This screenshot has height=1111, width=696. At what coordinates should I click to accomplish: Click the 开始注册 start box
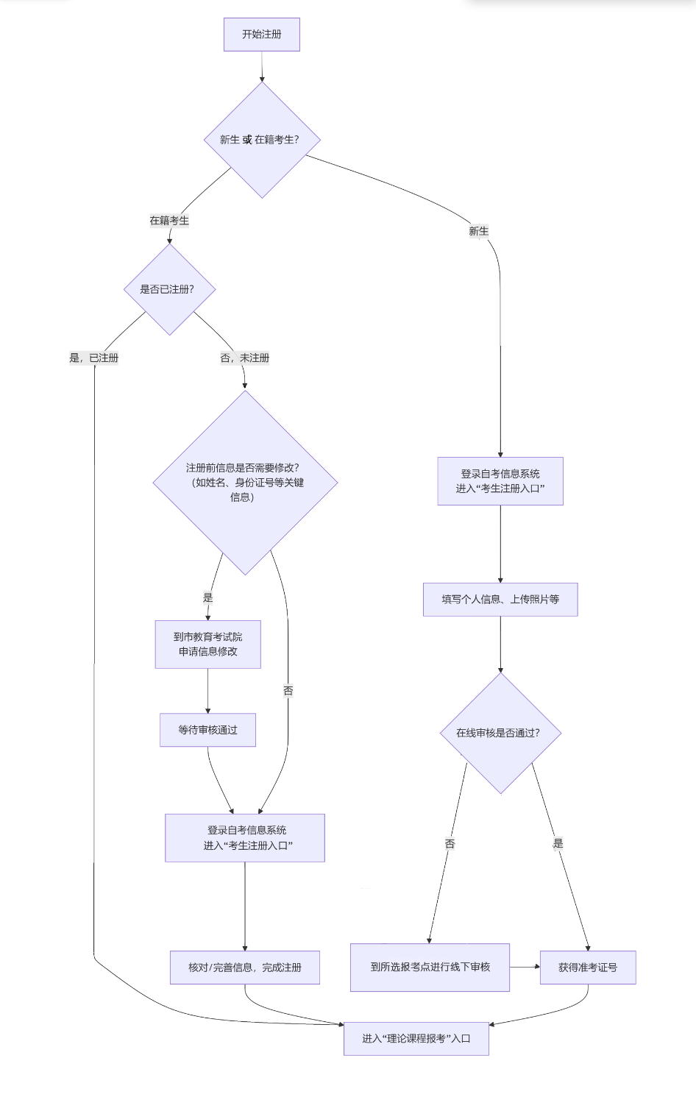coord(261,35)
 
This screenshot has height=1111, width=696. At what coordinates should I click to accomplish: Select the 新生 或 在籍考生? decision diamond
coord(261,140)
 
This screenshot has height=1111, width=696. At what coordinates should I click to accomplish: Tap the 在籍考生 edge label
coord(169,221)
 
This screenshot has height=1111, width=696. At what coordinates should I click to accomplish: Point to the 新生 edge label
coord(478,231)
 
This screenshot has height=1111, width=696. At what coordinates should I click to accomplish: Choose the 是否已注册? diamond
coord(169,289)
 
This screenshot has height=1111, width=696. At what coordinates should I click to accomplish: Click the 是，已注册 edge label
coord(93,358)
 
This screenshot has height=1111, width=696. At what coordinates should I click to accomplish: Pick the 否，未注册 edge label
coord(244,358)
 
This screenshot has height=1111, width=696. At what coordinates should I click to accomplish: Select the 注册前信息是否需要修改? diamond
coord(244,483)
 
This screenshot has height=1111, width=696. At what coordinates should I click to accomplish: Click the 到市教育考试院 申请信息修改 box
coord(207,645)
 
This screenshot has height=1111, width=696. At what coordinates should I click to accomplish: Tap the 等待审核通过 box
coord(207,730)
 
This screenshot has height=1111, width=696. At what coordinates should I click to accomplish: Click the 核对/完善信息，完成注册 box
coord(244,968)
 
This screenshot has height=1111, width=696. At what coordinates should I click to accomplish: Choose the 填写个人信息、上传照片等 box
coord(500,600)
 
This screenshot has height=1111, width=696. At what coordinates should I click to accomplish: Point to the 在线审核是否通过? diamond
coord(500,733)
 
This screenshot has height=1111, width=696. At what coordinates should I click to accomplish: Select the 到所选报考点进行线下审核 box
coord(430,967)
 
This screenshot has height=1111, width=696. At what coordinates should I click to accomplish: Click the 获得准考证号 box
coord(587,968)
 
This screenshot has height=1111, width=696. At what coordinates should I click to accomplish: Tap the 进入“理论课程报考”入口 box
coord(416,1038)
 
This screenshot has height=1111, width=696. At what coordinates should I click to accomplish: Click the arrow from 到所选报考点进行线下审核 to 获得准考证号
coord(525,967)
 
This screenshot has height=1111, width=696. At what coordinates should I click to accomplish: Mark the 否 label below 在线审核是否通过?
coord(450,844)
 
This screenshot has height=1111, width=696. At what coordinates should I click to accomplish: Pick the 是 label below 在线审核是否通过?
coord(558,844)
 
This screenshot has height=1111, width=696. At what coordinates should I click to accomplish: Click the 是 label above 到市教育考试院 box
coord(207,598)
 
